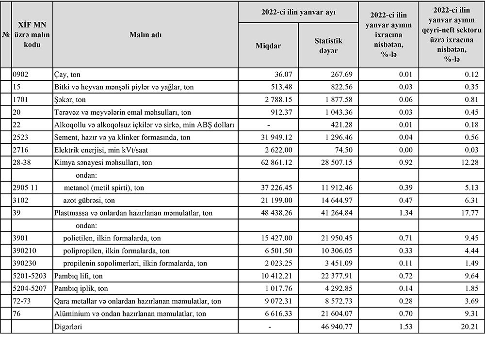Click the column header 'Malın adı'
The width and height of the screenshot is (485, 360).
(x=145, y=35)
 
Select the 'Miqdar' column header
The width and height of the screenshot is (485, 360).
(x=268, y=46)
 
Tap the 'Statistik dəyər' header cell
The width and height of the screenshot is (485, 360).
(x=328, y=46)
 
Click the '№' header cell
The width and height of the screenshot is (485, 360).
(x=6, y=35)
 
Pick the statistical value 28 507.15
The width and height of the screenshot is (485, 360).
(x=341, y=163)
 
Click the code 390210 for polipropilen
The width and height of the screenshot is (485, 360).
(x=24, y=251)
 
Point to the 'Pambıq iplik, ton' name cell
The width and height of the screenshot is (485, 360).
(x=81, y=289)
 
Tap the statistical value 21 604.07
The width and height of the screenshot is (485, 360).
(x=341, y=314)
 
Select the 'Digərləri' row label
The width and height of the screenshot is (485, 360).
(x=68, y=327)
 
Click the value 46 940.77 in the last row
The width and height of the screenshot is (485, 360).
(x=341, y=327)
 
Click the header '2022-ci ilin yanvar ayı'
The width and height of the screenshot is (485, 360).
(x=298, y=12)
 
